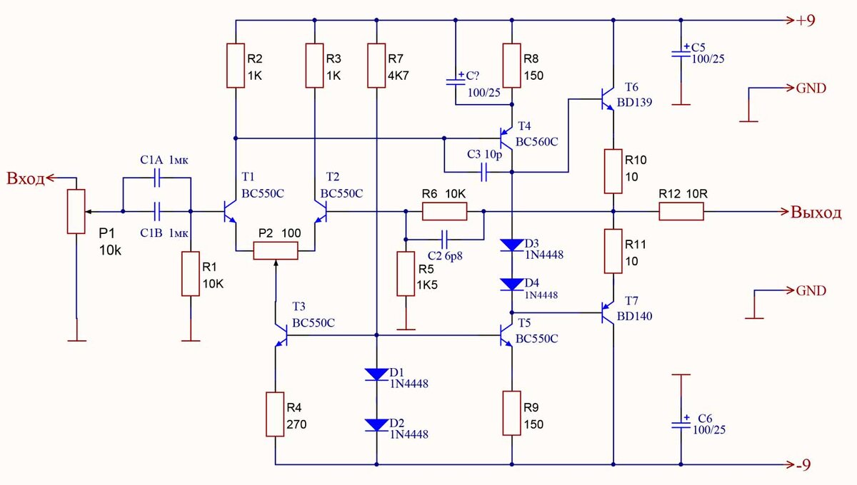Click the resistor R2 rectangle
click(x=236, y=65)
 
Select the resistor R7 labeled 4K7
click(x=376, y=65)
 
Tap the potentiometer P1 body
click(x=76, y=211)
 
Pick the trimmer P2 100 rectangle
click(x=276, y=251)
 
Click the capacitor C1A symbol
click(x=157, y=179)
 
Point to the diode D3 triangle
click(x=512, y=245)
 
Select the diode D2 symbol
click(x=376, y=425)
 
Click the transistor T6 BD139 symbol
click(x=608, y=99)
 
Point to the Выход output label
click(x=816, y=212)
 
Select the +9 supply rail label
click(x=806, y=20)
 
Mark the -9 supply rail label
click(x=806, y=464)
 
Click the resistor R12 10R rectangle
click(x=681, y=211)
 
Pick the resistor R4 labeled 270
click(x=276, y=414)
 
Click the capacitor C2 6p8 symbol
click(x=445, y=237)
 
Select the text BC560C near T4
click(x=537, y=141)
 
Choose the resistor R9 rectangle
click(x=512, y=412)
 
